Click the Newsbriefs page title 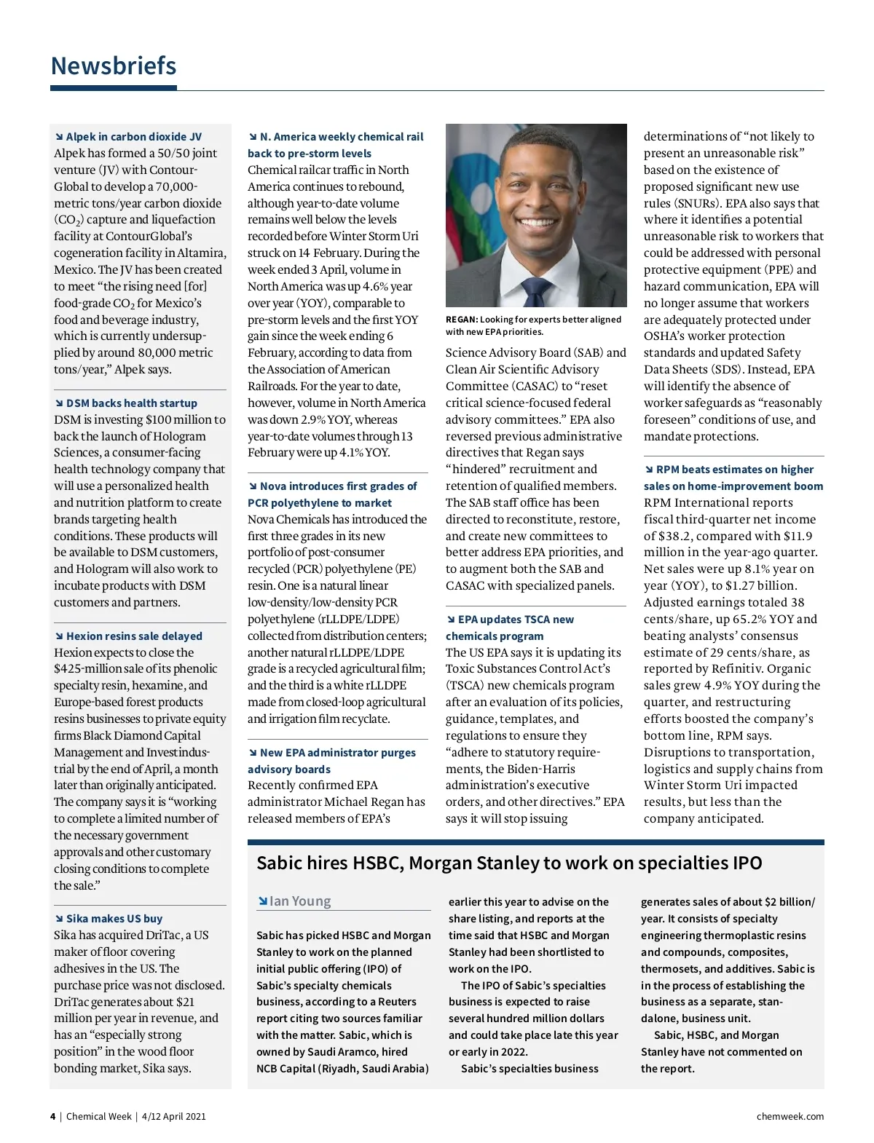pos(114,66)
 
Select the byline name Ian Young pos(300,901)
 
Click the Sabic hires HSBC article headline pos(509,863)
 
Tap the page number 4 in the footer pos(52,1116)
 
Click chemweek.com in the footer pos(790,1116)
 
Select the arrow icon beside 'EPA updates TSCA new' pos(451,620)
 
